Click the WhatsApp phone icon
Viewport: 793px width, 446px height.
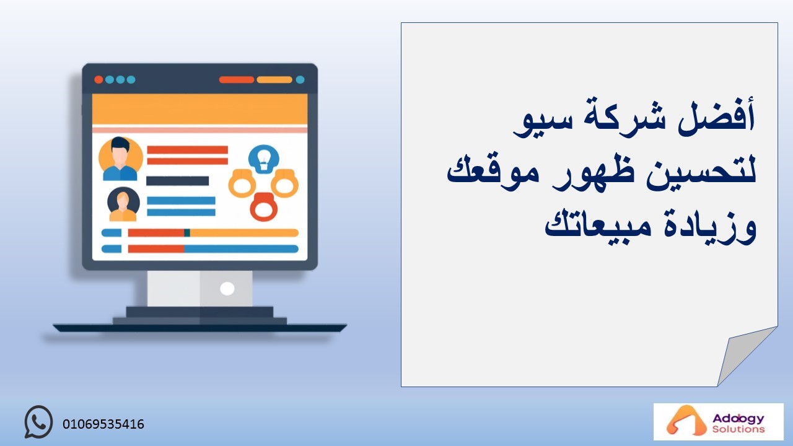[38, 422]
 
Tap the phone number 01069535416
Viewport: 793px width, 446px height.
[103, 424]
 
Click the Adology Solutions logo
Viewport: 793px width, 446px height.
[718, 421]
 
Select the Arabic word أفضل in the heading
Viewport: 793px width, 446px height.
[717, 118]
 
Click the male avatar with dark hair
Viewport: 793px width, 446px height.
[120, 159]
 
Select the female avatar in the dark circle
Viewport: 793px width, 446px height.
[123, 204]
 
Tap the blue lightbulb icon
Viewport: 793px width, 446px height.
[263, 159]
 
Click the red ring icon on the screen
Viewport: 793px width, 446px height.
[263, 207]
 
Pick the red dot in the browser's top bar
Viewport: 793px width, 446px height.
[99, 80]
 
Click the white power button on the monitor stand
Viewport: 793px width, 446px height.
[227, 289]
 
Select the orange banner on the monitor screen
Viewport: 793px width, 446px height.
[199, 110]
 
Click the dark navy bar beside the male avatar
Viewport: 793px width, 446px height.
[177, 181]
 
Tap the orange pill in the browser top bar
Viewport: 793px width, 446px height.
[274, 80]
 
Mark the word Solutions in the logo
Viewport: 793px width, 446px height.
[738, 429]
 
